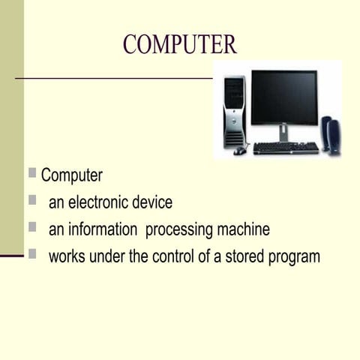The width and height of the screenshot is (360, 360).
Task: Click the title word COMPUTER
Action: click(180, 44)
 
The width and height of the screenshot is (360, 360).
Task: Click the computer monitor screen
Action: click(283, 97)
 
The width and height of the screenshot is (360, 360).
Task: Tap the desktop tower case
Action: click(234, 112)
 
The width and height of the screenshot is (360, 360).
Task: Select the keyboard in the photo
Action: click(286, 148)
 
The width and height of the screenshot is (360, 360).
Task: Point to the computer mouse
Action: click(239, 151)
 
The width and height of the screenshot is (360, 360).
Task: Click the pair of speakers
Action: click(331, 135)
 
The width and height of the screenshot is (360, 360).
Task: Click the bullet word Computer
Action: click(72, 176)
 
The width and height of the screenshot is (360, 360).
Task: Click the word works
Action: click(67, 256)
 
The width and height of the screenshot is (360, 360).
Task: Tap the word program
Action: click(293, 257)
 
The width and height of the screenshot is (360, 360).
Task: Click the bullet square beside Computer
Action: click(32, 173)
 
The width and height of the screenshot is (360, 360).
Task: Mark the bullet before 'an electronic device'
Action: click(32, 200)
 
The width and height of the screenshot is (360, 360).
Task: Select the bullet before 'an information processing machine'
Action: click(32, 227)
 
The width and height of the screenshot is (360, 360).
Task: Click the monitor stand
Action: click(283, 132)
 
